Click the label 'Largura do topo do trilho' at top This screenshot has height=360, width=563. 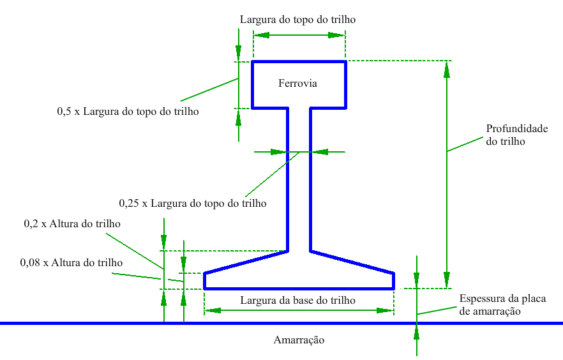(297, 20)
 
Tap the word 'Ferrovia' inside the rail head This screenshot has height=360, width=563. (297, 84)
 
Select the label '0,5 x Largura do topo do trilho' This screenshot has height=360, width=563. (128, 111)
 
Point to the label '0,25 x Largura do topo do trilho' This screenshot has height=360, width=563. (193, 204)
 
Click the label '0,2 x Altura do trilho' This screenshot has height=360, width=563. (72, 224)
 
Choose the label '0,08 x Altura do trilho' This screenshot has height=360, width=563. (71, 262)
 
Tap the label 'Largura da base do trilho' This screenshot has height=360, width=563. (297, 300)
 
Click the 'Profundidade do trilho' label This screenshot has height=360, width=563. (516, 135)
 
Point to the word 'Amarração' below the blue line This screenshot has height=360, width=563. (299, 340)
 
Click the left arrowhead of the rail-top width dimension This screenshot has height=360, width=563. (261, 36)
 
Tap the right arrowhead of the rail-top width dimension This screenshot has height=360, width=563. (338, 36)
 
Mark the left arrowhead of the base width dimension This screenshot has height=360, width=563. (213, 310)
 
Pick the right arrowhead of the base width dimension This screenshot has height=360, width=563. (385, 310)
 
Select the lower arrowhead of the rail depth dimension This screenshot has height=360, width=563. (447, 280)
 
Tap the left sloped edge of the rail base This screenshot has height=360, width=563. (246, 262)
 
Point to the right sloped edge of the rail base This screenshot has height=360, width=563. (351, 262)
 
